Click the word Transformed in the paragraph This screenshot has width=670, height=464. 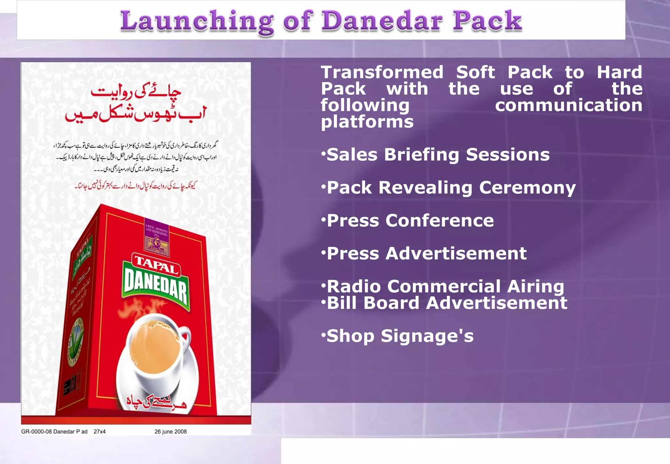382,72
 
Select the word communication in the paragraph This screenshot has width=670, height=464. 568,105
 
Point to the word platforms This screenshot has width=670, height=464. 367,122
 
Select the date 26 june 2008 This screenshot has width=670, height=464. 170,432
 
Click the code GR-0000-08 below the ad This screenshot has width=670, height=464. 36,432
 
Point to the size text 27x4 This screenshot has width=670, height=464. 99,432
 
